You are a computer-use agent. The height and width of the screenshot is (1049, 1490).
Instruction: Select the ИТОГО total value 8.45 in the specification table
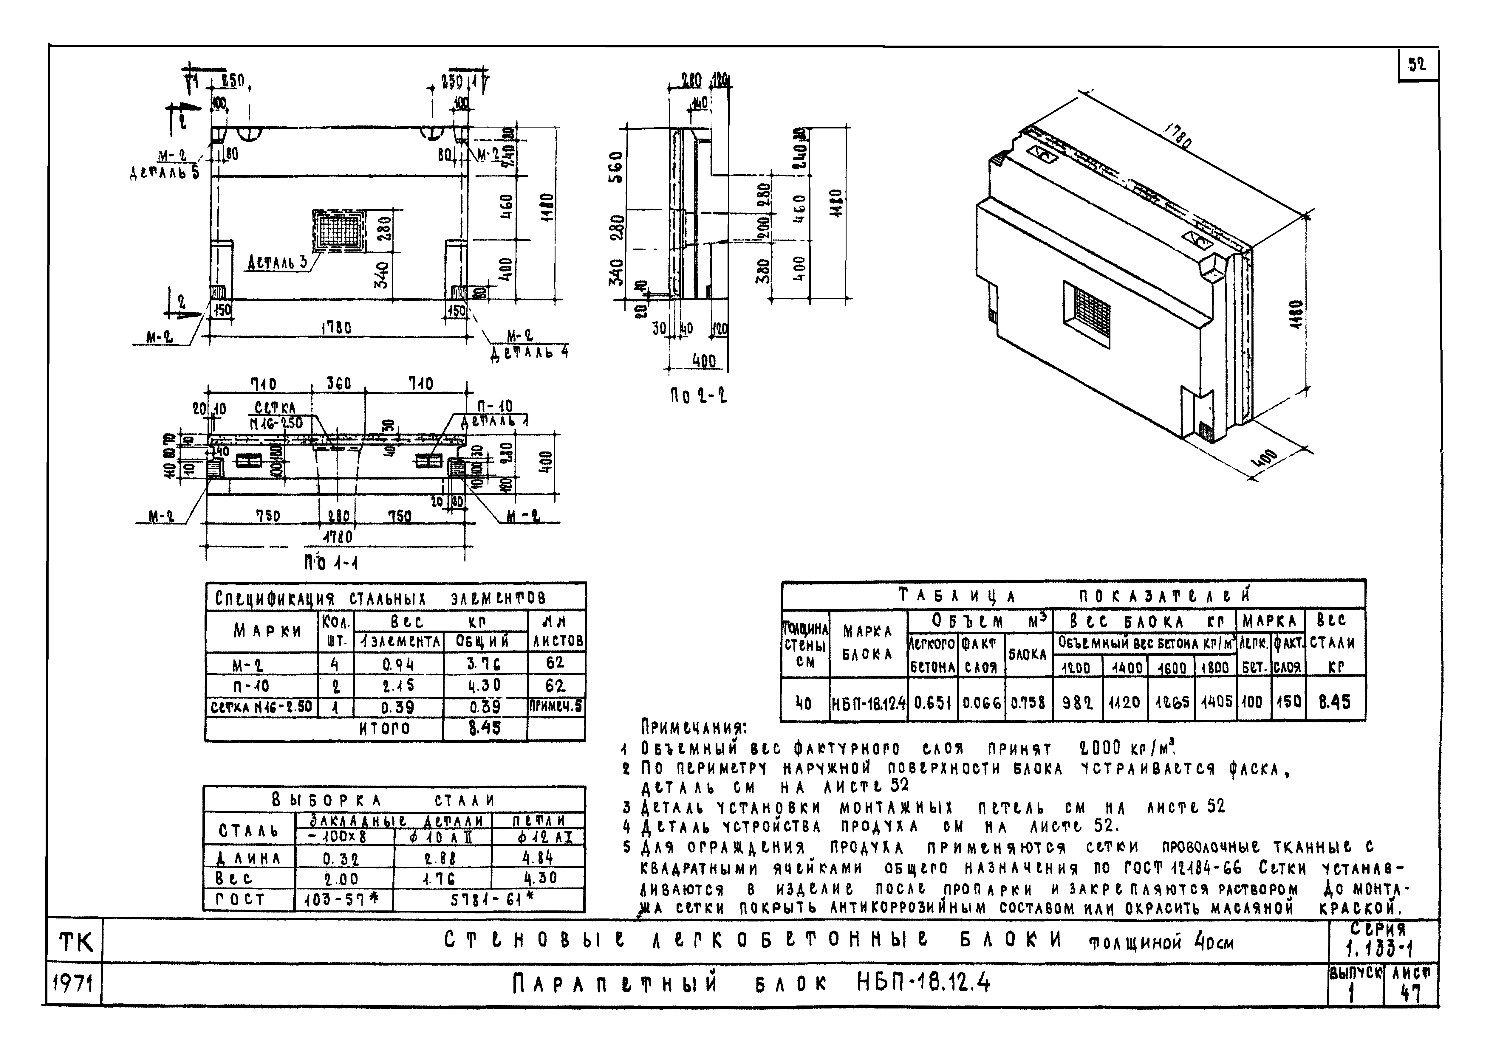coord(484,728)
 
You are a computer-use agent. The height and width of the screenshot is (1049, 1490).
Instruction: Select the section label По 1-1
coord(332,562)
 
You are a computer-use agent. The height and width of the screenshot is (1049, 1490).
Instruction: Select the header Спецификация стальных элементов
coord(380,598)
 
